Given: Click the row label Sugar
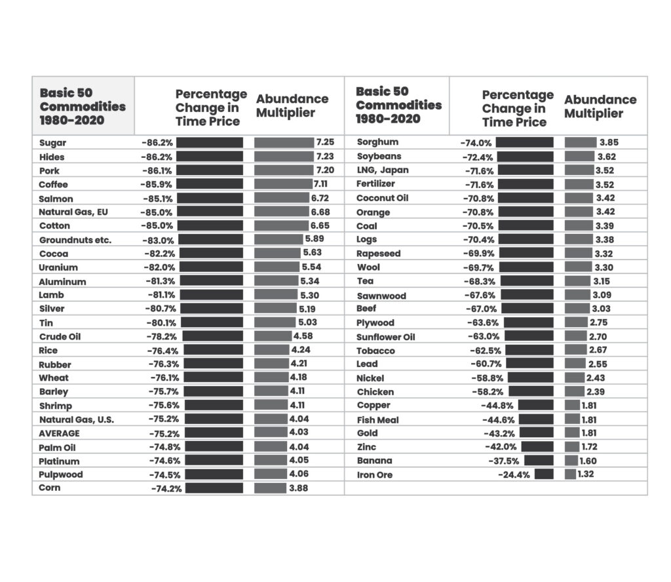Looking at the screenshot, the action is [x=52, y=143].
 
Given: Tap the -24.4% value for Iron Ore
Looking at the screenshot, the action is [x=514, y=475].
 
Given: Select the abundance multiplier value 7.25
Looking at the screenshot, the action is [x=325, y=142].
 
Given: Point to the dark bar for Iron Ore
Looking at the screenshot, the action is [x=544, y=474].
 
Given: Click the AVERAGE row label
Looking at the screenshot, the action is [x=59, y=433].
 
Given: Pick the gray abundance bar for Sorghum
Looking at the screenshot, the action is [x=581, y=142].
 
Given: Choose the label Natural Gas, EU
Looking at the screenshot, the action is [x=73, y=212].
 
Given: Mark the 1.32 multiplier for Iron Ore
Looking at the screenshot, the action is [x=585, y=474].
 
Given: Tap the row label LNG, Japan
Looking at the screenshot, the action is [x=383, y=170].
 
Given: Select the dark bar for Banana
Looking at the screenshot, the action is [x=539, y=461].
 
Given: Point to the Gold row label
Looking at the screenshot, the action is [x=367, y=433].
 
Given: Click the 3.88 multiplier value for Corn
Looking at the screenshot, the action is [x=298, y=488].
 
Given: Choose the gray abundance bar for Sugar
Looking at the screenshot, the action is [x=284, y=142].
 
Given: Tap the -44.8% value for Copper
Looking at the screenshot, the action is [x=497, y=405].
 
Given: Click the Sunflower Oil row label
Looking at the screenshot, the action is [x=385, y=337].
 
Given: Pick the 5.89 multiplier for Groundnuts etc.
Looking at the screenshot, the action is [x=315, y=239].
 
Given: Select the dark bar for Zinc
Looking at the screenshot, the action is [x=537, y=447].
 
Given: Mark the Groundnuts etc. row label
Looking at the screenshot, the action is [x=75, y=240].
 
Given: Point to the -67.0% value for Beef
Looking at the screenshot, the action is [x=481, y=309].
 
